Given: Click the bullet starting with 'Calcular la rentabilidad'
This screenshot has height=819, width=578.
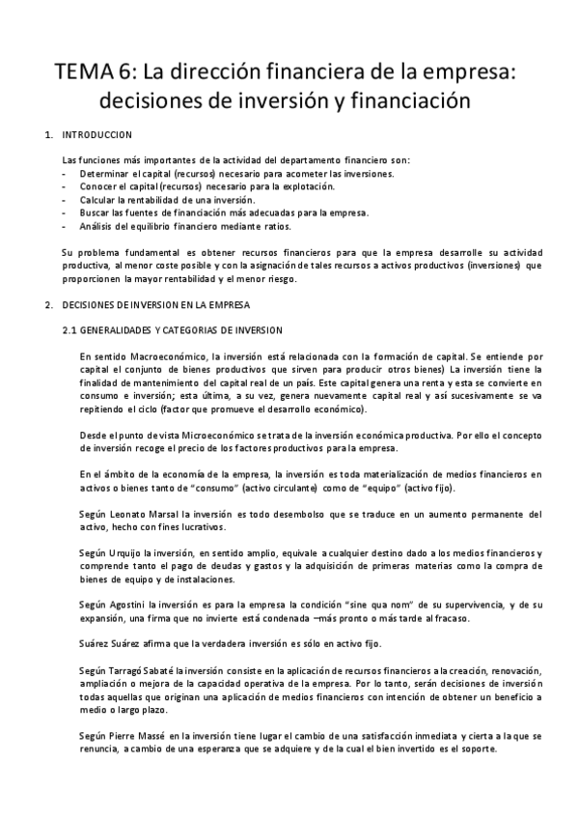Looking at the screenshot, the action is (x=182, y=199).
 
